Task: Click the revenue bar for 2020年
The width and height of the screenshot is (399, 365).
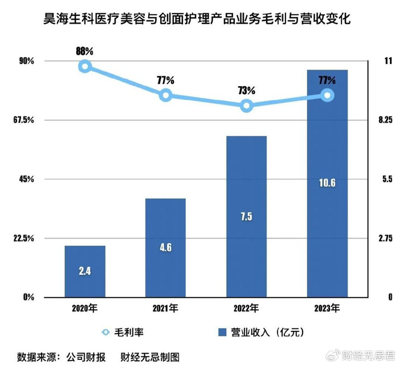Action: [x=85, y=271]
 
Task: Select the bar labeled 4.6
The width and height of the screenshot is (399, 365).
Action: [x=165, y=248]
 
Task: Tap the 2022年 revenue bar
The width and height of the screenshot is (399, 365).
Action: [x=246, y=217]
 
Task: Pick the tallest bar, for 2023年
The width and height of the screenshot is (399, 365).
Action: [x=327, y=183]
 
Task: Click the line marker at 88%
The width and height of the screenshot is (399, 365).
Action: [x=85, y=67]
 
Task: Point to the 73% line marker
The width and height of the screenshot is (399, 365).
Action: [x=246, y=106]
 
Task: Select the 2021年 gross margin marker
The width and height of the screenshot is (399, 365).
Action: [x=166, y=95]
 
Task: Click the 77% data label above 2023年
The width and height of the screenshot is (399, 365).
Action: [x=327, y=80]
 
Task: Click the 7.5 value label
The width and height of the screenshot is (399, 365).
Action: [x=246, y=216]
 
